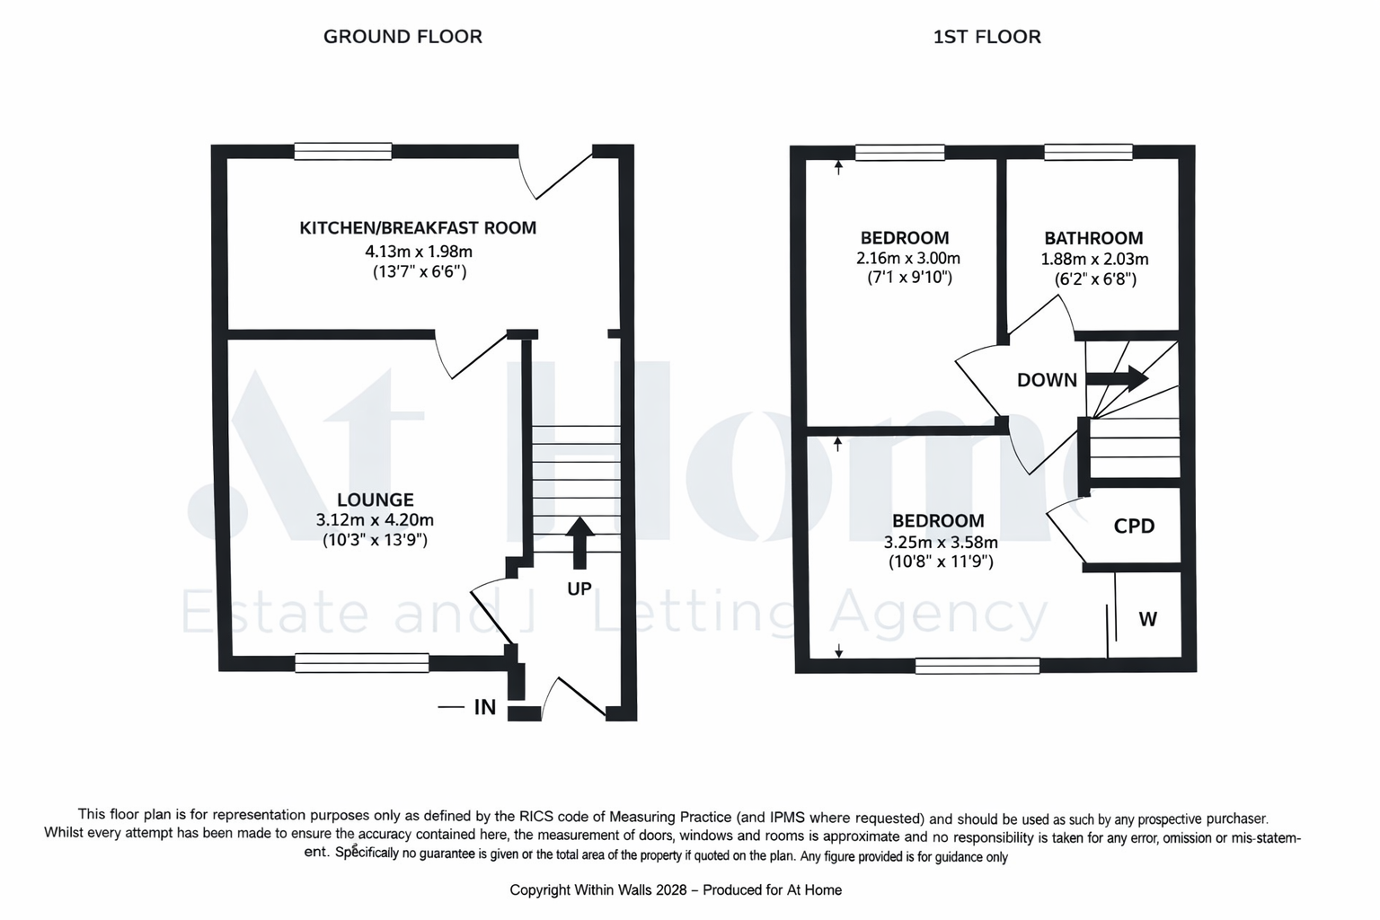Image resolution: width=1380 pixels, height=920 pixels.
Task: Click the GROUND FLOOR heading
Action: point(402,37)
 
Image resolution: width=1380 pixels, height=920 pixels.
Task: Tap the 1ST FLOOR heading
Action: point(987,37)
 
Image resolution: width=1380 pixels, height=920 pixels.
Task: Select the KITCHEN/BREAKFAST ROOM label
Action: point(418,228)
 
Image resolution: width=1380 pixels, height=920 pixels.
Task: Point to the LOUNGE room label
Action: point(376,500)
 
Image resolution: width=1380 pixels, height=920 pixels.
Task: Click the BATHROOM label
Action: point(1093,238)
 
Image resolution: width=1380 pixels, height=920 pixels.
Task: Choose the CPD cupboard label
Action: point(1134,526)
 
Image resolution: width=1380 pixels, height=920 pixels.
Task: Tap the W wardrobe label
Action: point(1147,619)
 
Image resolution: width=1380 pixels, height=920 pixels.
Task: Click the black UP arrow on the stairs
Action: point(579,543)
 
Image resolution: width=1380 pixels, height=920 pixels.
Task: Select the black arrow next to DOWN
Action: point(1117,377)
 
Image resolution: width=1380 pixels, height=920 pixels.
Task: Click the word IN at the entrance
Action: point(485,707)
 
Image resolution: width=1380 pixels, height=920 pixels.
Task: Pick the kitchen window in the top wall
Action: point(343,151)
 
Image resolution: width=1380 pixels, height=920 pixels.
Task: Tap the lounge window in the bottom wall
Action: point(362,662)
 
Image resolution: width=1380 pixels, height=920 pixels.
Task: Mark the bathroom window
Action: point(1089,152)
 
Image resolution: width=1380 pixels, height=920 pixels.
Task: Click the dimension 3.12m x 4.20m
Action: point(376,520)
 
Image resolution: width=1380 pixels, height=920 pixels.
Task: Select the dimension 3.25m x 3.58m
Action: point(941,543)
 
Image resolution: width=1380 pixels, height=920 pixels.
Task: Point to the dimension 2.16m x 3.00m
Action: point(908,258)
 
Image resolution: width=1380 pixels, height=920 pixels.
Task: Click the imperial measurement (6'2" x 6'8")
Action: point(1095,279)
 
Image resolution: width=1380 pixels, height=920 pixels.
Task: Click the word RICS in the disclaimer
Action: point(535,817)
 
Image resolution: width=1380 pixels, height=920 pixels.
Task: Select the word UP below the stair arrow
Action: point(579,589)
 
